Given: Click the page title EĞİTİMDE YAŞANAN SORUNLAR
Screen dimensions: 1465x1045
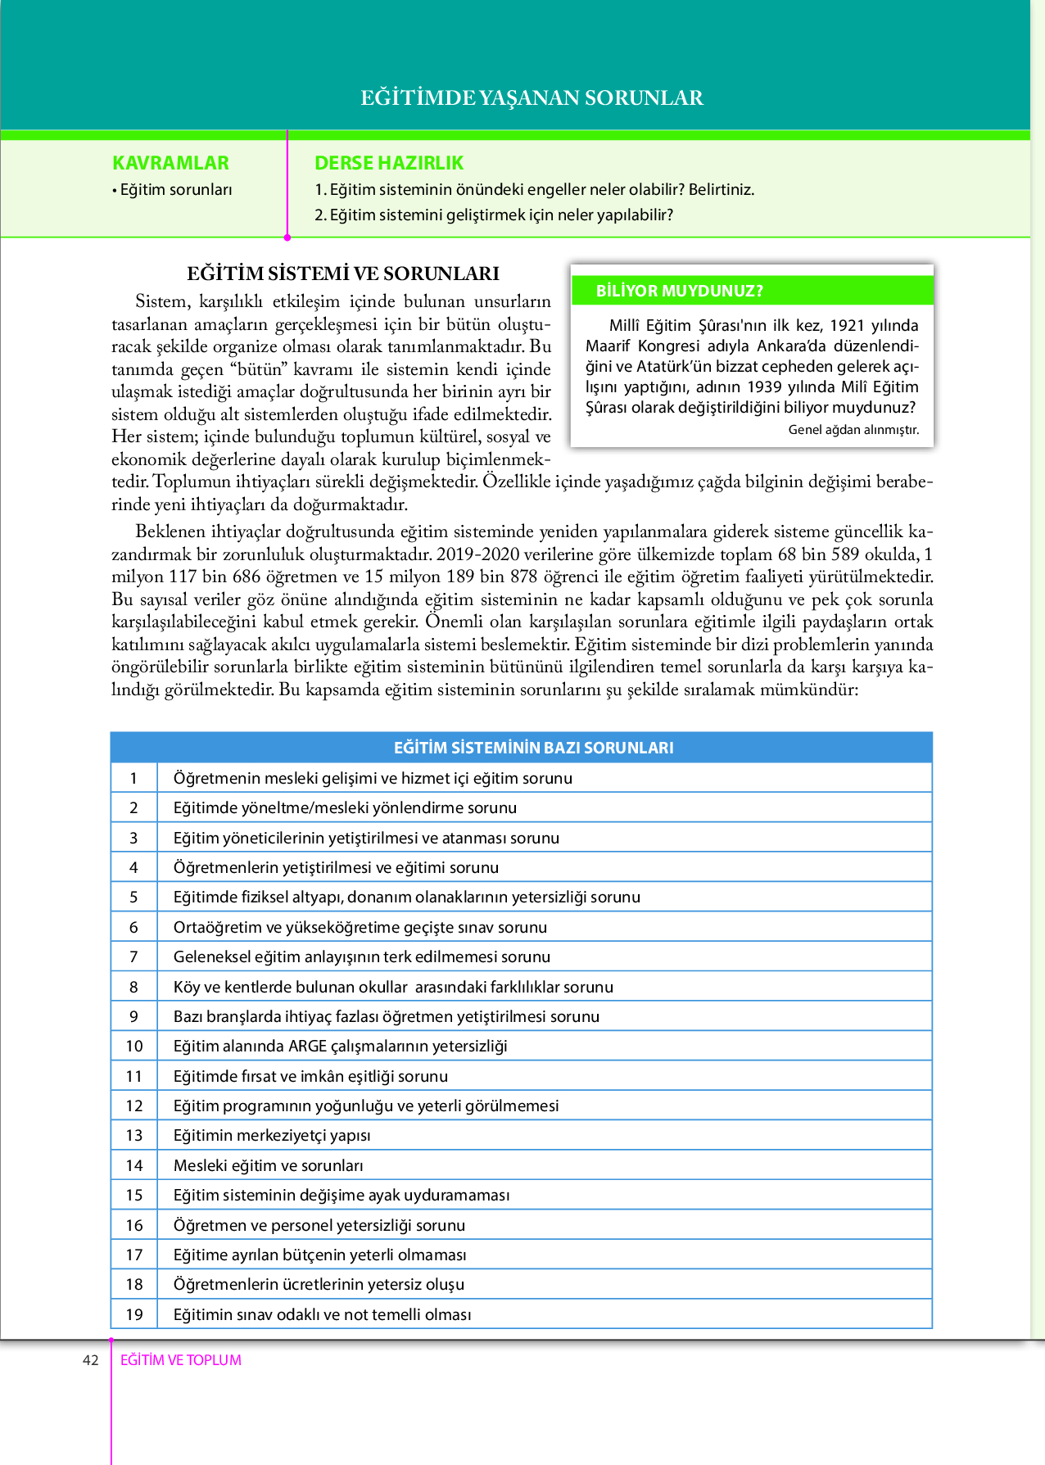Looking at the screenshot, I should pos(532,97).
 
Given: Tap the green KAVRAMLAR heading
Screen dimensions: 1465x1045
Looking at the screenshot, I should pos(170,163).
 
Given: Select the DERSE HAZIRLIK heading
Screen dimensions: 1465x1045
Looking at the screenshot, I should pos(389,163).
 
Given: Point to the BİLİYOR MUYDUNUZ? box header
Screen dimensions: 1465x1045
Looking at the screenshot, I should pos(679,291).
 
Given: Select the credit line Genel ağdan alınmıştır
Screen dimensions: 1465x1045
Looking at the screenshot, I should pos(853,429).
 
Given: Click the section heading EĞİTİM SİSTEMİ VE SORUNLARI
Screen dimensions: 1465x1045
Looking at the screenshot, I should pos(343,274).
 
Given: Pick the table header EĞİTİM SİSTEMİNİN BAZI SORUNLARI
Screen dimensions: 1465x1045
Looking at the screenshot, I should pos(533,747).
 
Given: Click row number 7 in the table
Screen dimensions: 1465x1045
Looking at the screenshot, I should pos(133,956).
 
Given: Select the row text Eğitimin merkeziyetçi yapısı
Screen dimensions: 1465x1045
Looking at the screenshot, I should pos(272,1135).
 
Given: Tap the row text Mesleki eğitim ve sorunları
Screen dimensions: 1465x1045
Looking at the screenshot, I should pos(268,1165).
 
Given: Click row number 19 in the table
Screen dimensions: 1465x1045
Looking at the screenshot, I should pos(134,1314).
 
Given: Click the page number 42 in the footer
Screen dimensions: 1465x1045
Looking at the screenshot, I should pos(91,1360).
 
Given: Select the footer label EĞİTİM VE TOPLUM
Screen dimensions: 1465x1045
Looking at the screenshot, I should pos(181,1360).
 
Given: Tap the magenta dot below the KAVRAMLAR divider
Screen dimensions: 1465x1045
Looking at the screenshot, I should pos(287,237).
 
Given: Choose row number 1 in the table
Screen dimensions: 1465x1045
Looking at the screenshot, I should pos(133,778).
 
